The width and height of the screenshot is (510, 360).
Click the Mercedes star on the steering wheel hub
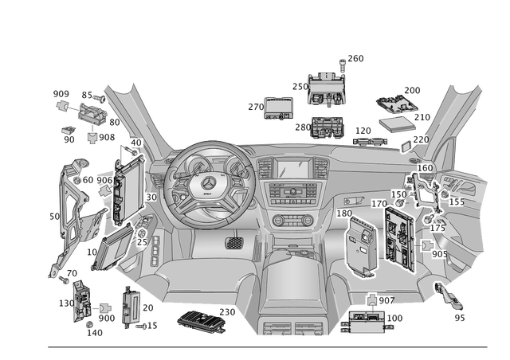pos(208,186)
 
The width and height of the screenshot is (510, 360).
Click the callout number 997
pos(386,299)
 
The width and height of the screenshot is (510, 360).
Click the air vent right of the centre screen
pos(326,169)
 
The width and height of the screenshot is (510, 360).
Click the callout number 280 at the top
pos(356,58)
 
